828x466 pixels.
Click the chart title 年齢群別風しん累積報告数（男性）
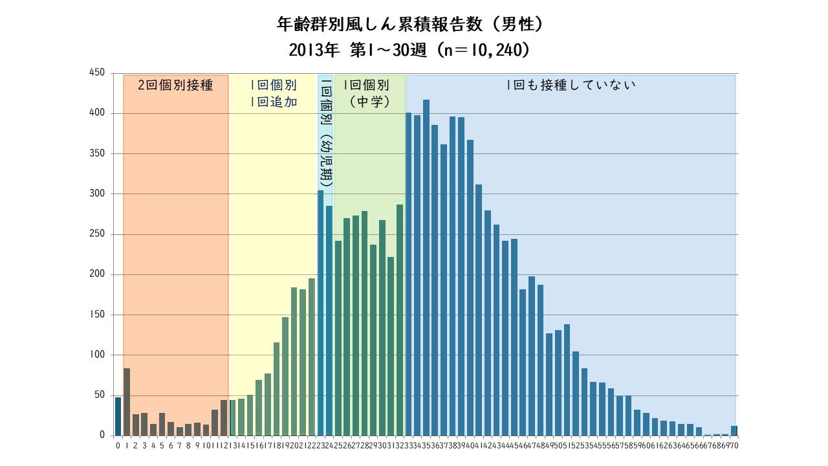coord(413,25)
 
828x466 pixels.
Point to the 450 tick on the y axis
coord(97,73)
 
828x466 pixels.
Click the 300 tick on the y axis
coord(97,194)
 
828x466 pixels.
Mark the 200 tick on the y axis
coord(97,274)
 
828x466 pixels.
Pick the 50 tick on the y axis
coord(99,395)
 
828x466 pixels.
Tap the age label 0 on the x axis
coord(118,445)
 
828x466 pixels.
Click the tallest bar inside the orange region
coord(127,402)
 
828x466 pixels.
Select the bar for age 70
coord(734,430)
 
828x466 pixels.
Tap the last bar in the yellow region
coord(312,357)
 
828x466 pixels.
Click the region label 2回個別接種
coord(175,85)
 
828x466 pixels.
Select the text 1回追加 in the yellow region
coord(273,102)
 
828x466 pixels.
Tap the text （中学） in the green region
coord(366,102)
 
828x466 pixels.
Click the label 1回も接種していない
coord(571,85)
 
